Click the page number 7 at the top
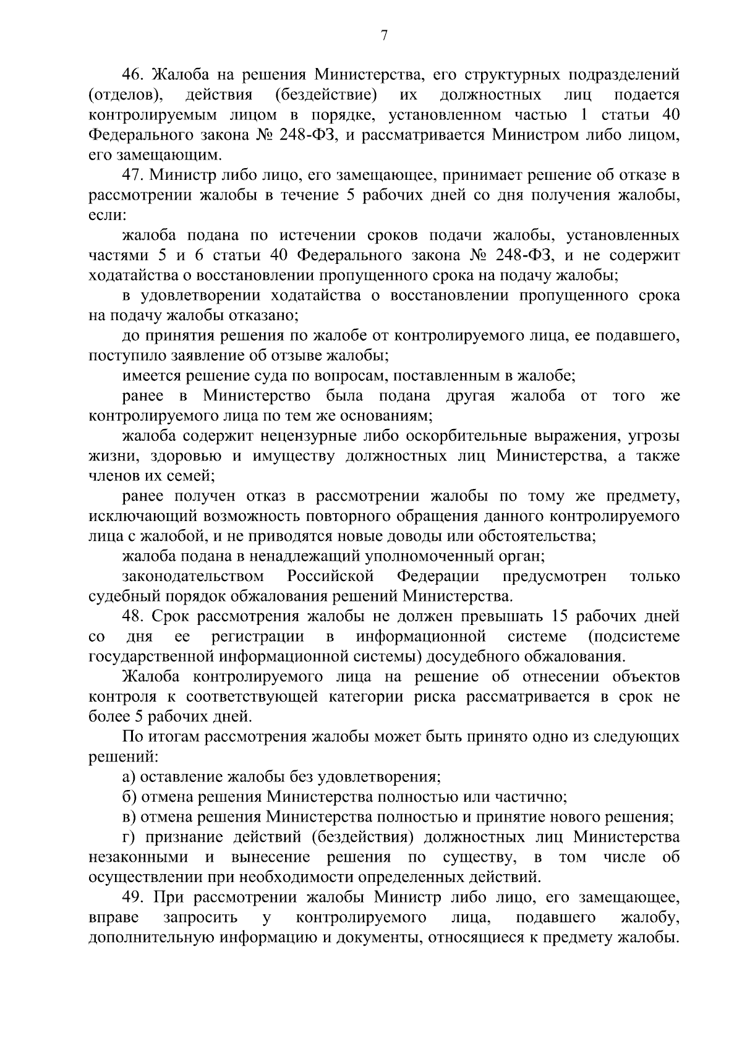point(383,36)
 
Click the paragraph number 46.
point(134,75)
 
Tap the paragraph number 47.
point(134,176)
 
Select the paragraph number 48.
point(134,616)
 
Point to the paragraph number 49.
point(134,897)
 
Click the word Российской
point(331,576)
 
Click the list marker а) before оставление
point(130,777)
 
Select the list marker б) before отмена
point(130,797)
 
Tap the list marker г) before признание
point(129,837)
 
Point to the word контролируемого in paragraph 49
point(362,917)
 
